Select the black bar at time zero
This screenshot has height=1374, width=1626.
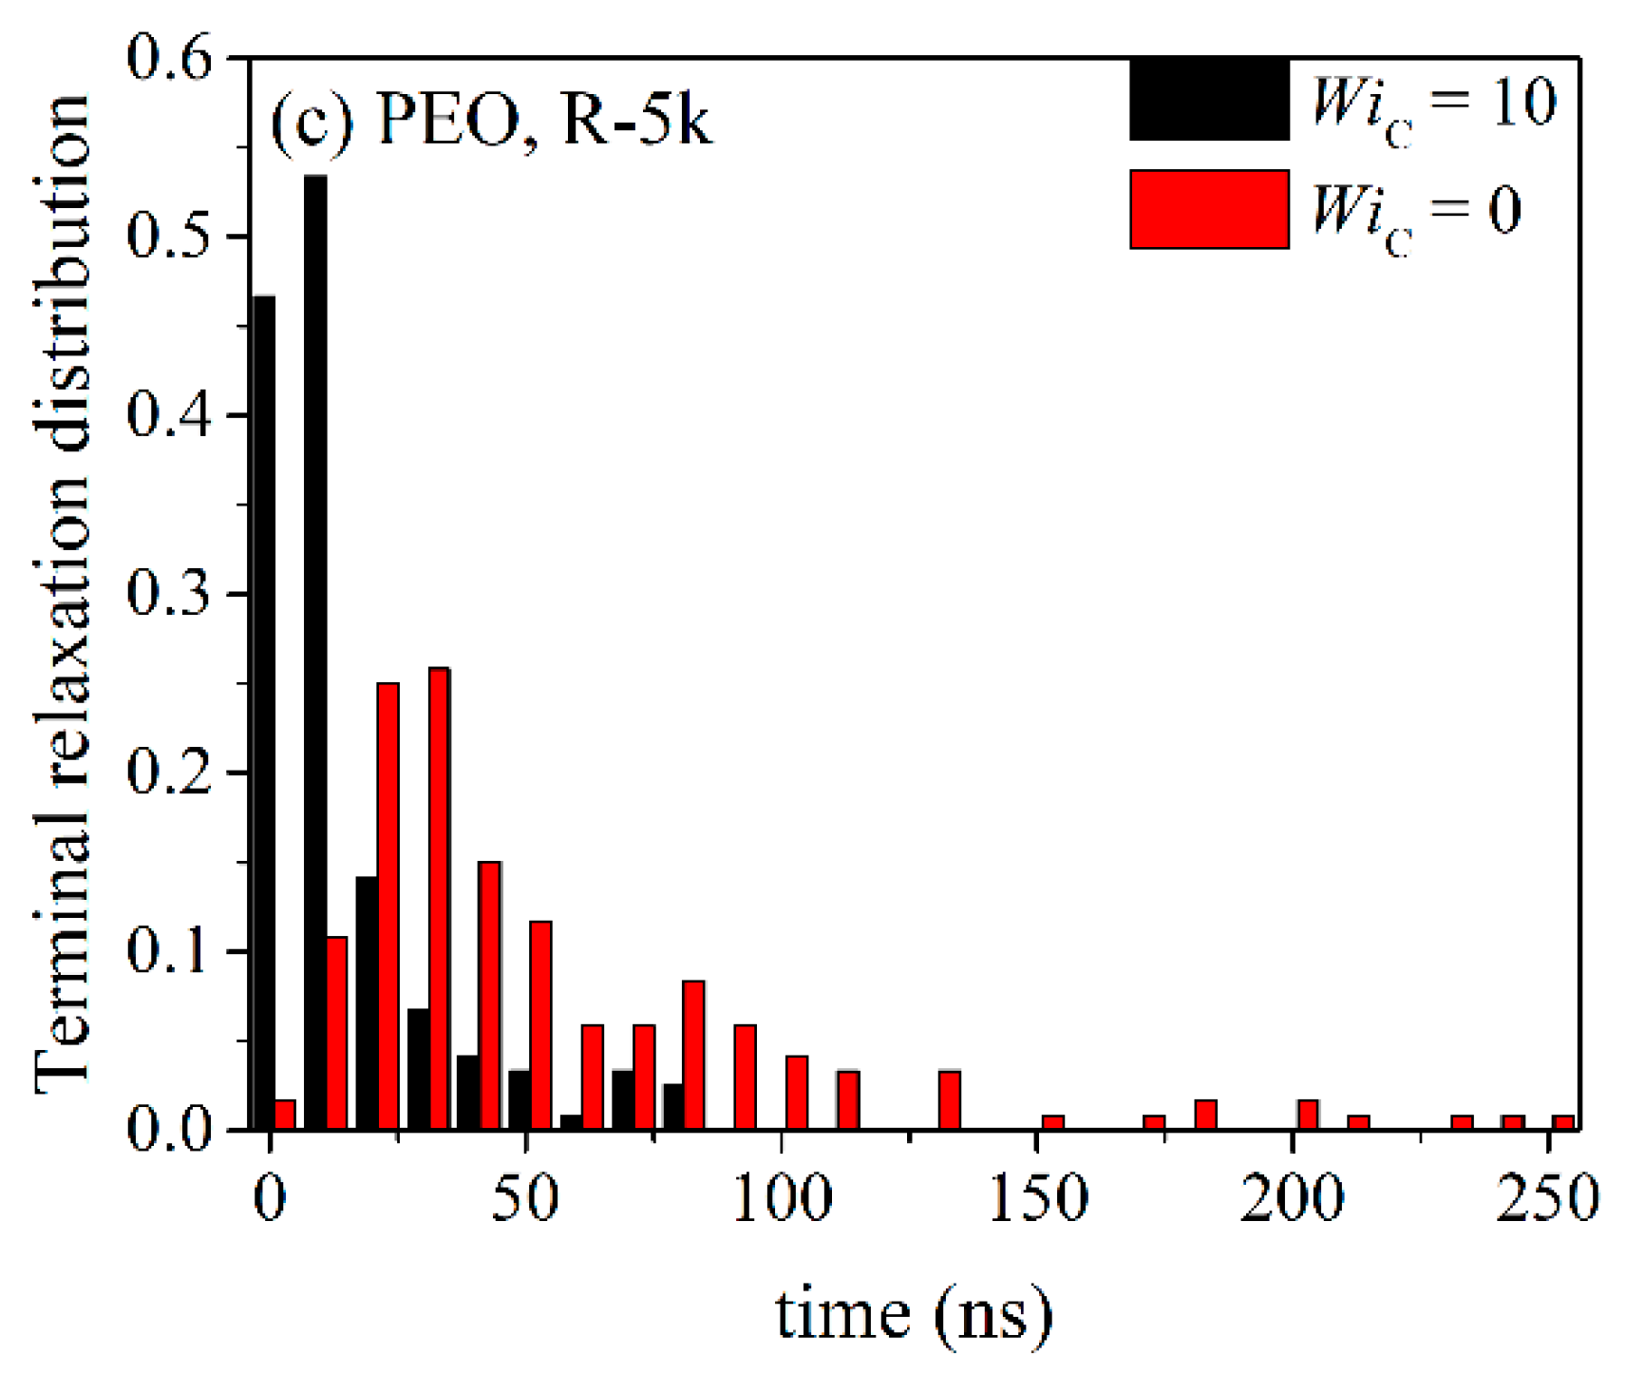[x=264, y=713]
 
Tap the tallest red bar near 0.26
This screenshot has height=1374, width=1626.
[x=439, y=898]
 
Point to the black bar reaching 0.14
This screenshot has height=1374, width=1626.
[x=367, y=1002]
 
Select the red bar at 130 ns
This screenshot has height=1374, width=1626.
[x=950, y=1100]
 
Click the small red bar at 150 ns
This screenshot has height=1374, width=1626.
[x=1052, y=1122]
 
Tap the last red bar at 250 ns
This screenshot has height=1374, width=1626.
[x=1563, y=1122]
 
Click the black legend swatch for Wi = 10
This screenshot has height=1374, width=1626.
[x=1209, y=100]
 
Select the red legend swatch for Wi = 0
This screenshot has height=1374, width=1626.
[x=1209, y=209]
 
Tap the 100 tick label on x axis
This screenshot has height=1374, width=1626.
[x=782, y=1199]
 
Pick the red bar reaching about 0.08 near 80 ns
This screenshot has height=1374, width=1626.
[x=693, y=1055]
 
